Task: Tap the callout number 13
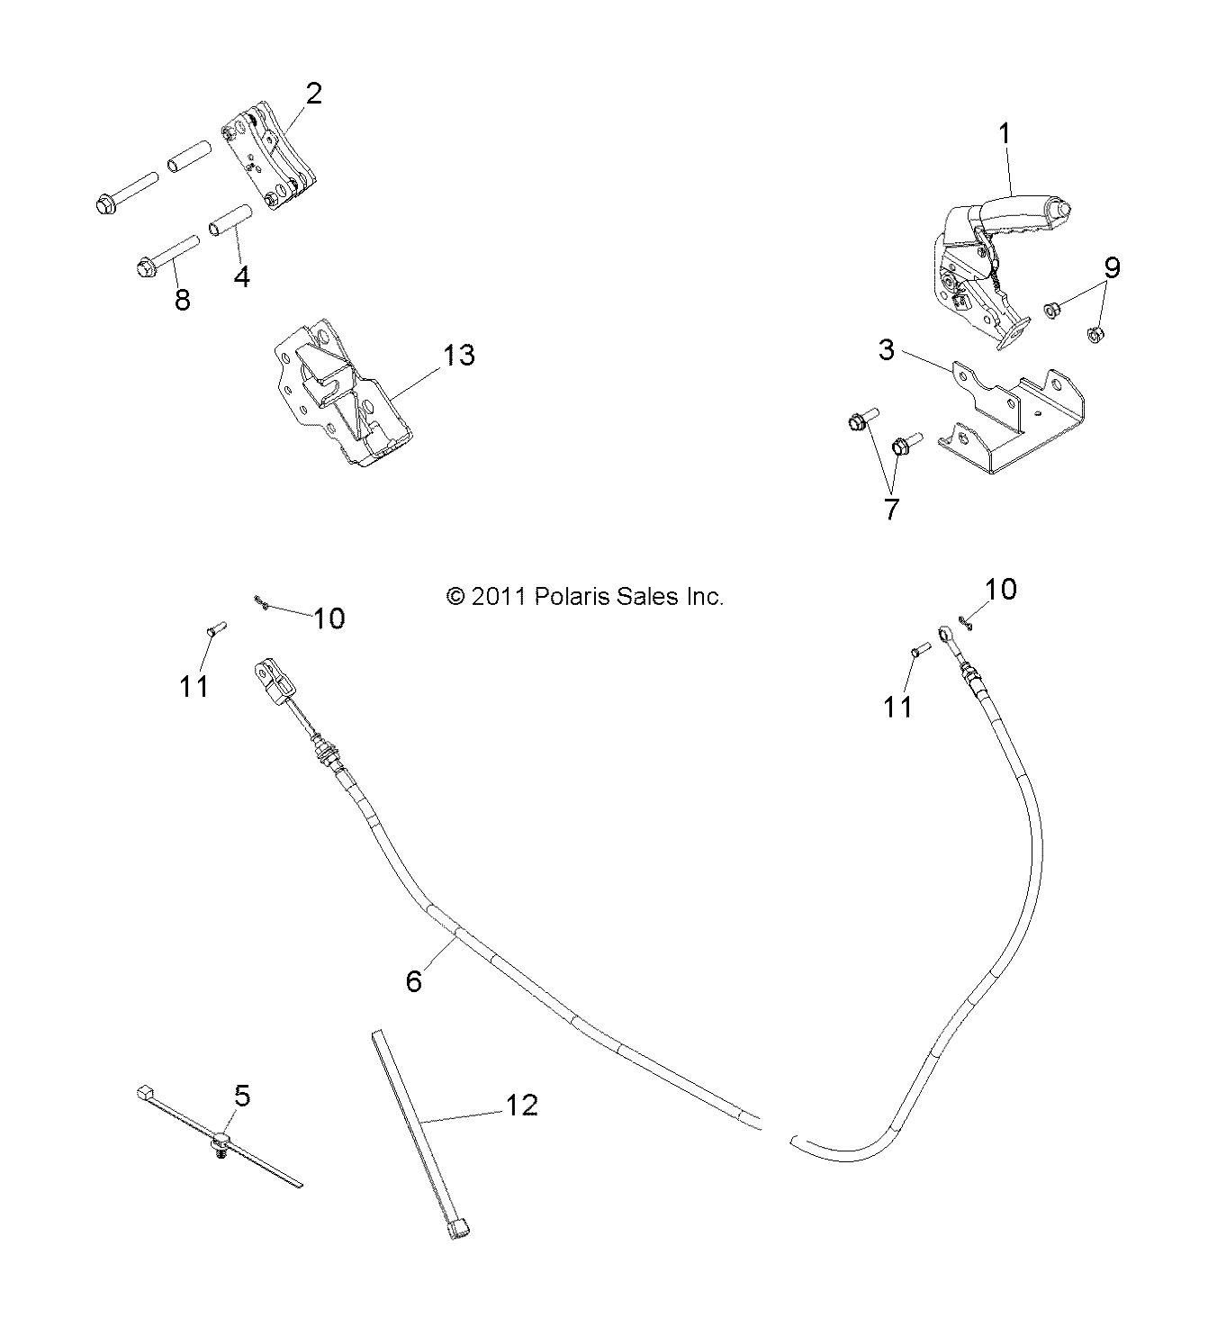(458, 355)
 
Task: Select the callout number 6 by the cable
(413, 980)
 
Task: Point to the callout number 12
(523, 1105)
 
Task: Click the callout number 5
(241, 1096)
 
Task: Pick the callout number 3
(887, 349)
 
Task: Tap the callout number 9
(1113, 267)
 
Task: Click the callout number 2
(313, 94)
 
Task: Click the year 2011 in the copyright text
(504, 596)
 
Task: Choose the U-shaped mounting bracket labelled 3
(1008, 432)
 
